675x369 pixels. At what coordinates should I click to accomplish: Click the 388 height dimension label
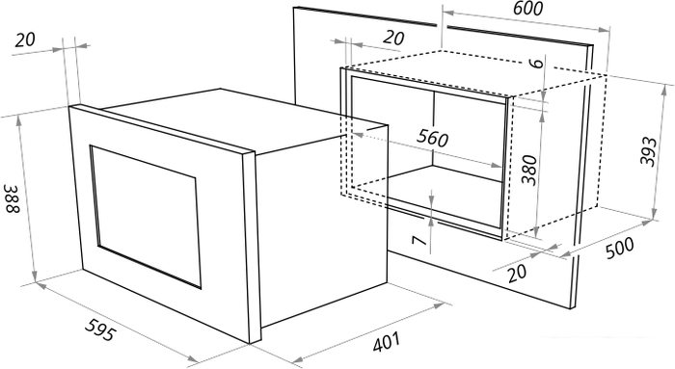(x=12, y=198)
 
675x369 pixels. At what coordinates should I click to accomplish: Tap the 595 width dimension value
(x=100, y=329)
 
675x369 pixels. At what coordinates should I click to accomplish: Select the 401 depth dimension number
(x=386, y=342)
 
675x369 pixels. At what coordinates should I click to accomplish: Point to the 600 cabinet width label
(x=527, y=8)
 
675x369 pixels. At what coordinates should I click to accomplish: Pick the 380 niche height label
(x=529, y=170)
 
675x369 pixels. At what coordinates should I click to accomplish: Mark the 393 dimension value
(x=648, y=151)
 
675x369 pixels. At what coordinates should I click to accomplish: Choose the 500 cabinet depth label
(x=620, y=248)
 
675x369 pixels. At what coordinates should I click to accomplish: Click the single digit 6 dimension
(x=536, y=64)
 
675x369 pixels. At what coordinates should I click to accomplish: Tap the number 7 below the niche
(x=419, y=240)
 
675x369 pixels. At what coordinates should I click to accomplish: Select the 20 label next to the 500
(x=517, y=273)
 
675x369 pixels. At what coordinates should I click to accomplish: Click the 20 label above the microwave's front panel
(x=24, y=40)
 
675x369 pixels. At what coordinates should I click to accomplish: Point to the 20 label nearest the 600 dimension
(x=393, y=38)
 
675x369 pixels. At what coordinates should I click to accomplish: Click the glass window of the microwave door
(x=146, y=217)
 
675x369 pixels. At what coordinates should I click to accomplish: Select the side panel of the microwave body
(x=323, y=224)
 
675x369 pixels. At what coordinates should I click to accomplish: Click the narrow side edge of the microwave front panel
(x=252, y=248)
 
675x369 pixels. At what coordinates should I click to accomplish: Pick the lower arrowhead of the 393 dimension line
(x=655, y=213)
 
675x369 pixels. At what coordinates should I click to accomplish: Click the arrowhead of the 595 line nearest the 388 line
(x=41, y=285)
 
